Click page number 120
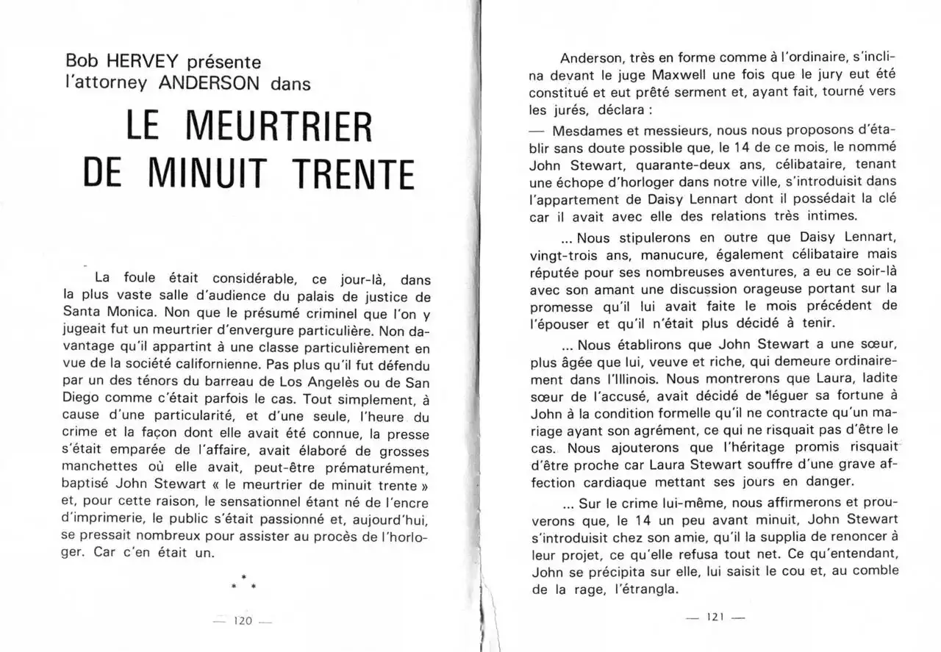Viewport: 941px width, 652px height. click(242, 620)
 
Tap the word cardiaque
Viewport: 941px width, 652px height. click(622, 481)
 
